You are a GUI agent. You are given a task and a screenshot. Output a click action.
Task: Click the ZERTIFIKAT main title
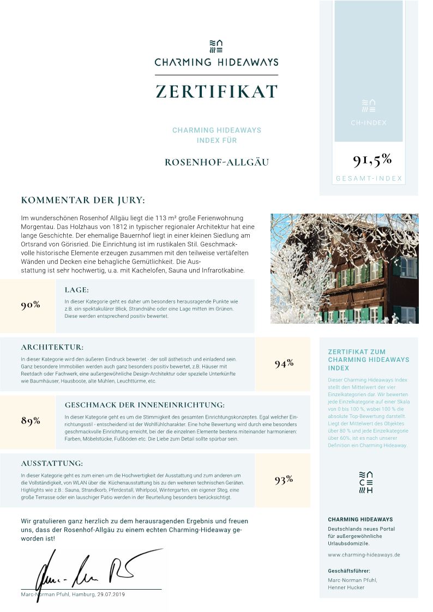[x=216, y=92]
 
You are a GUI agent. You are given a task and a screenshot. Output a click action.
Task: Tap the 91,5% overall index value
[x=372, y=160]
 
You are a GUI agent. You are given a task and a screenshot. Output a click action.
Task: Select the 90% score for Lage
[x=31, y=305]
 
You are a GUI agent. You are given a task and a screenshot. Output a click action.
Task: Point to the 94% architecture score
[x=284, y=364]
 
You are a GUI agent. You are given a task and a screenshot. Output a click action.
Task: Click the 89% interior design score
[x=31, y=421]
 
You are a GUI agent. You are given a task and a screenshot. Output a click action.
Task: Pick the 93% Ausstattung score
[x=284, y=480]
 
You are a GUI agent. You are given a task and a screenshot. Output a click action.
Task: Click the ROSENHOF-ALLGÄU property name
[x=216, y=162]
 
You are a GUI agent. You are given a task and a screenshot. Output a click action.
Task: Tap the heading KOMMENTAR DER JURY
[x=83, y=201]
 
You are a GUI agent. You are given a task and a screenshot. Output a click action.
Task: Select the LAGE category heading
[x=76, y=290]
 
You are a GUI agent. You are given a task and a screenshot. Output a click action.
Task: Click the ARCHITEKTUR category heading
[x=52, y=347]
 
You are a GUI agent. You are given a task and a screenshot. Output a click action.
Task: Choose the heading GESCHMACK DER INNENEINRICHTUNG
[x=145, y=405]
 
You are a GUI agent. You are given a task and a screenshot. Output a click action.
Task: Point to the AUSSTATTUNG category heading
[x=52, y=464]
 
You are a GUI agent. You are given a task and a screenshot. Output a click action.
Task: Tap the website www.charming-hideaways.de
[x=364, y=555]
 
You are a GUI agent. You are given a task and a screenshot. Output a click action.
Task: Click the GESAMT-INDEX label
[x=369, y=179]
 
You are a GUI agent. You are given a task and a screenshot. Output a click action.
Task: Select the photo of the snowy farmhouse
[x=344, y=269]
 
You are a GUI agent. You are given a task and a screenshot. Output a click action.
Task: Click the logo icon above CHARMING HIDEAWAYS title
[x=216, y=46]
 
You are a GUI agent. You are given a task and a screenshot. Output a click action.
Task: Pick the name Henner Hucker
[x=346, y=587]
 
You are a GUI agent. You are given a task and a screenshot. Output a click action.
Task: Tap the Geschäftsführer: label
[x=349, y=571]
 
